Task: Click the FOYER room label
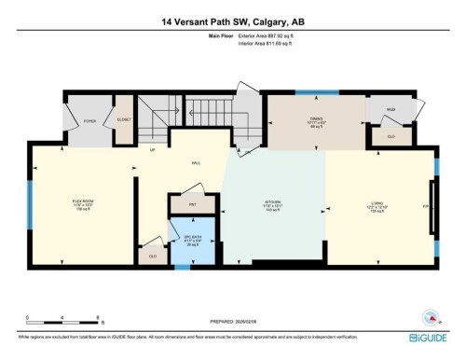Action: pyautogui.click(x=90, y=120)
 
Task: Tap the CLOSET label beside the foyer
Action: pyautogui.click(x=123, y=120)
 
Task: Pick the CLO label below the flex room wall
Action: pyautogui.click(x=151, y=255)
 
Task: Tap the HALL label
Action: pyautogui.click(x=197, y=162)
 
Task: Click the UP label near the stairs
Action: pyautogui.click(x=152, y=148)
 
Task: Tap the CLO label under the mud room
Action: pyautogui.click(x=390, y=136)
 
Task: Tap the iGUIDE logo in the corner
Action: pyautogui.click(x=432, y=337)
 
